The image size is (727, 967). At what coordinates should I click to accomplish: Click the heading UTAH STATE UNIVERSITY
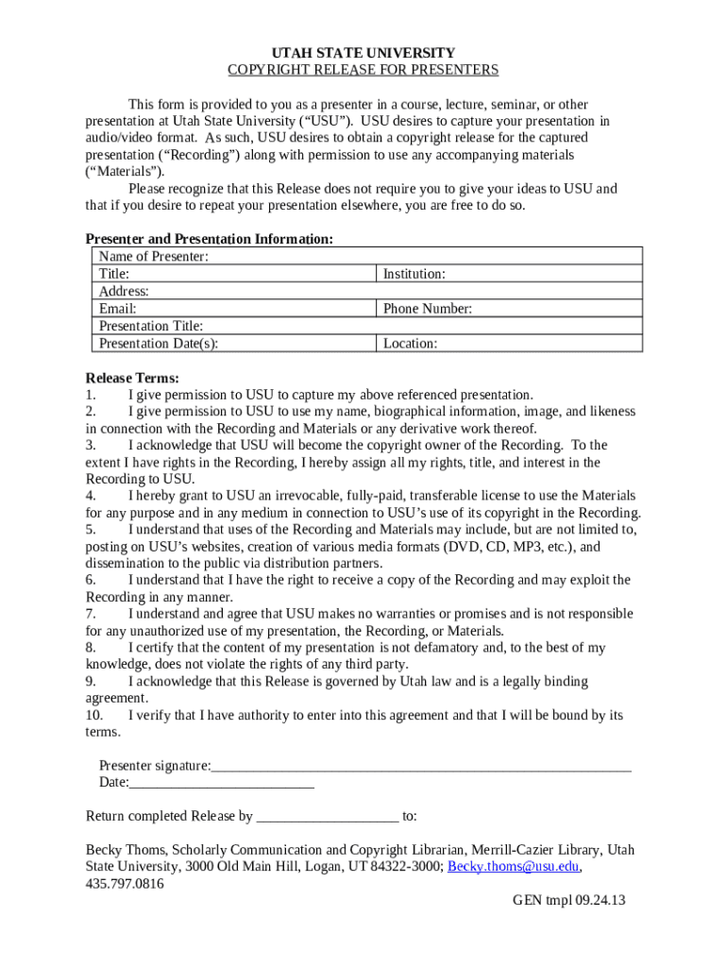point(363,53)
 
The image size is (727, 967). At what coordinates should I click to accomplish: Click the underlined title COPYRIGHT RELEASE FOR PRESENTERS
point(363,71)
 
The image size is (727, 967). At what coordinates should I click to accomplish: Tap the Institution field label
point(414,274)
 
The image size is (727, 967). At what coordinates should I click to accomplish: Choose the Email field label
point(118,309)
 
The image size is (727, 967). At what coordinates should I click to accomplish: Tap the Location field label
point(410,344)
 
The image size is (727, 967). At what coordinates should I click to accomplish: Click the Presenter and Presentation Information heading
point(209,240)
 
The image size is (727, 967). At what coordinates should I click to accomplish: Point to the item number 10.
point(93,716)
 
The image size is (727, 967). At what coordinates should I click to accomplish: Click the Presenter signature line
point(421,765)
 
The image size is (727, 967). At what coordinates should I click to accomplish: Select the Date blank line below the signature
point(222,782)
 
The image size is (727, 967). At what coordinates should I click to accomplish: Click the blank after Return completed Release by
point(327,817)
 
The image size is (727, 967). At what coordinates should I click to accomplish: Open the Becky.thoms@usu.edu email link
point(513,867)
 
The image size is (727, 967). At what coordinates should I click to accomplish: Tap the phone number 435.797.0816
point(125,885)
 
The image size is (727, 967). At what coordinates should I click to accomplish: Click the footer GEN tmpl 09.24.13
point(568,901)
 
